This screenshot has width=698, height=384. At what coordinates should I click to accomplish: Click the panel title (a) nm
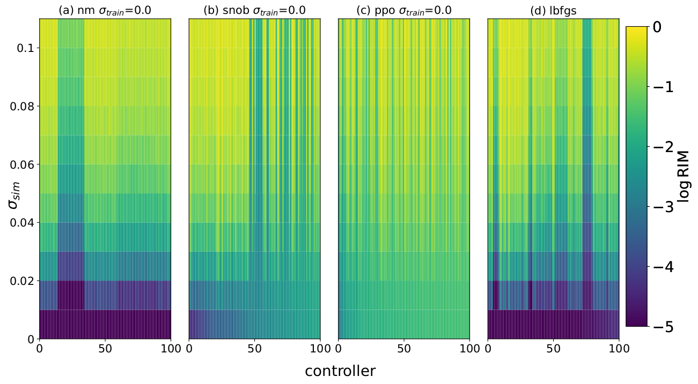(x=105, y=10)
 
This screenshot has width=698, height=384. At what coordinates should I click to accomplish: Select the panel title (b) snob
(x=254, y=10)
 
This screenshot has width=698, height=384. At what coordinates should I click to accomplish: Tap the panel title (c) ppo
(x=403, y=10)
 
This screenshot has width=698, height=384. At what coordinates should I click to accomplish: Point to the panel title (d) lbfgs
(x=553, y=10)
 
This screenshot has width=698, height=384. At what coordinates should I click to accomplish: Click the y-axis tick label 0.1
(x=25, y=48)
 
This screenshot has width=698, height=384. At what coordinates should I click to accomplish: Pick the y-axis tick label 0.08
(x=21, y=106)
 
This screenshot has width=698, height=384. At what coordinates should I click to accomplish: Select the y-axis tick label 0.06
(x=21, y=164)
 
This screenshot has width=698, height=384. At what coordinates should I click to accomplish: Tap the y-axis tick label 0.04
(x=21, y=223)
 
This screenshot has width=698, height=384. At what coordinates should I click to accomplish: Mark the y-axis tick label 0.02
(x=21, y=281)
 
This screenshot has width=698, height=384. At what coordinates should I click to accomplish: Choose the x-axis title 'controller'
(x=340, y=371)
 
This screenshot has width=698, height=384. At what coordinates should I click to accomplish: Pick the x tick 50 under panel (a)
(x=105, y=349)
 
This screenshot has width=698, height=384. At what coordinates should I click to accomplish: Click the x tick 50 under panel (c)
(x=404, y=349)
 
